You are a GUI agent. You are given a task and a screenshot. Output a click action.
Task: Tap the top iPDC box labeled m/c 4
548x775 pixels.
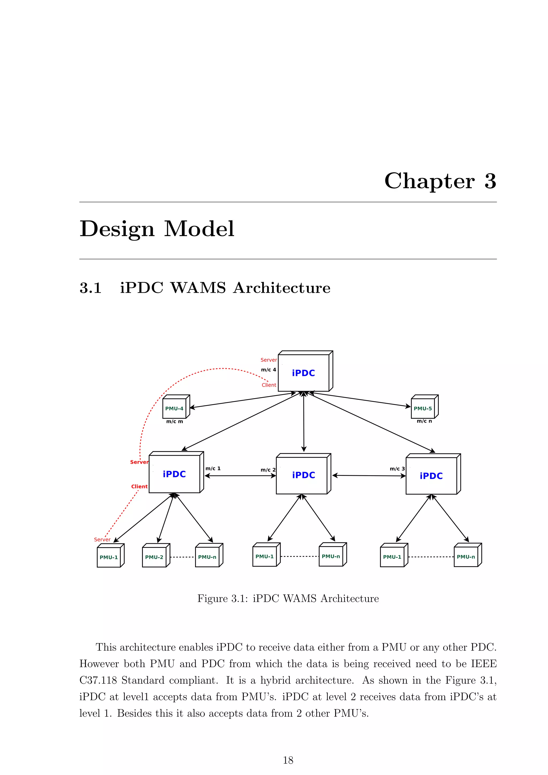303,373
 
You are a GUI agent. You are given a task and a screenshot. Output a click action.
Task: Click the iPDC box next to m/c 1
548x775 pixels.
174,474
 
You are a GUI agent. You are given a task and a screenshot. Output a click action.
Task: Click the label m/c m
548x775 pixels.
174,421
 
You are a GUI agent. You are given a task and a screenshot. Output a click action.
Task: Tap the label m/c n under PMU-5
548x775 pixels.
424,421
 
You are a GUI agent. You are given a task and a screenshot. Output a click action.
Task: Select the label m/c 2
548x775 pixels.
268,470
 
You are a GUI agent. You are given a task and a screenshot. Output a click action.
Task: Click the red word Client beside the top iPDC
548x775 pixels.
269,385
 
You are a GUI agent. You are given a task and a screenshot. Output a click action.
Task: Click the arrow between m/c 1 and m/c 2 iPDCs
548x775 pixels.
240,476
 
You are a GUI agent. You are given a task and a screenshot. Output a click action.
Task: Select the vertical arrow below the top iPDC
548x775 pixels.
304,422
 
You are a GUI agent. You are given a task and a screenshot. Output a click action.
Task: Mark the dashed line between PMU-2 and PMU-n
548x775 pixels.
182,557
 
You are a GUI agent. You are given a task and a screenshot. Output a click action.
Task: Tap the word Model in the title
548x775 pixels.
199,229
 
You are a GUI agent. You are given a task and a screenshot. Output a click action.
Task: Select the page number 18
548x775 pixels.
288,760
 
